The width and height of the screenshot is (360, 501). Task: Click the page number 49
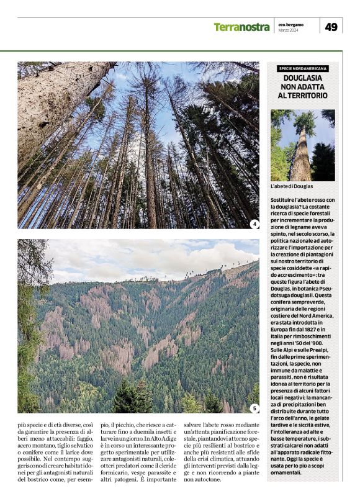click(331, 27)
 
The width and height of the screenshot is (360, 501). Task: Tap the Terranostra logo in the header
click(241, 27)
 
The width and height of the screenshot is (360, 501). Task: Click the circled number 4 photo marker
click(254, 223)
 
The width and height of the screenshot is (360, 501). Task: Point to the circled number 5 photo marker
click(254, 408)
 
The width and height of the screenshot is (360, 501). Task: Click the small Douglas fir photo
click(302, 145)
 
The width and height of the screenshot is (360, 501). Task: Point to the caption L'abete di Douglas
click(292, 187)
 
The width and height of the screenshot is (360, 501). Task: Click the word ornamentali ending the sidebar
click(292, 473)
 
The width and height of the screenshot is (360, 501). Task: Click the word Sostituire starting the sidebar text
click(284, 199)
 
